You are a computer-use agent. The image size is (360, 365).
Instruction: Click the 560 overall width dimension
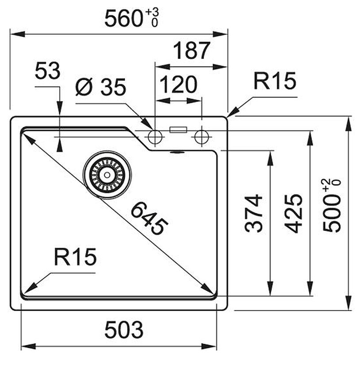click(124, 18)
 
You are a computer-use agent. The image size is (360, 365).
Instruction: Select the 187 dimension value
click(192, 50)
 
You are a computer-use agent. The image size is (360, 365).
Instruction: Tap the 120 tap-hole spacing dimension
click(179, 84)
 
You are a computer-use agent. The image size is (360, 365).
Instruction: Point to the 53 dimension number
click(48, 70)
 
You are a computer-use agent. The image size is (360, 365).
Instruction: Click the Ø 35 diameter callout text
click(101, 87)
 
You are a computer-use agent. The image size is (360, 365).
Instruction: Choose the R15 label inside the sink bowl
click(75, 257)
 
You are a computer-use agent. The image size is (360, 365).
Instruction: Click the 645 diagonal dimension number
click(149, 218)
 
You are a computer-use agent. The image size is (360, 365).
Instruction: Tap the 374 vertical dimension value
click(254, 213)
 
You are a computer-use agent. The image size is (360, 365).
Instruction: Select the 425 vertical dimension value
click(293, 213)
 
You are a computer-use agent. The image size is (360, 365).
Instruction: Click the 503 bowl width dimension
click(124, 330)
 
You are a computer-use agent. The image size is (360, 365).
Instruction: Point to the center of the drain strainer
click(107, 175)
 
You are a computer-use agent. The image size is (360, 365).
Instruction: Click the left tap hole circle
click(155, 137)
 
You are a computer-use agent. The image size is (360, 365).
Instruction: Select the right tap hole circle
click(201, 137)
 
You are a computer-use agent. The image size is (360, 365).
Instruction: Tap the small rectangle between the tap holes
click(178, 130)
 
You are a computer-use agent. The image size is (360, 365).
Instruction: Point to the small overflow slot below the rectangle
click(178, 152)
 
